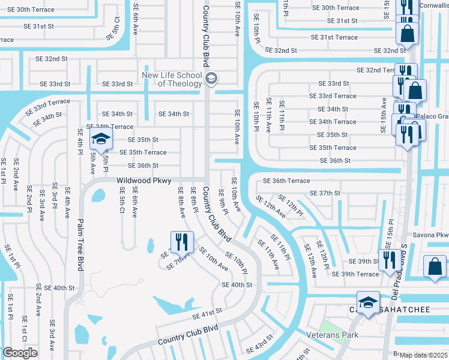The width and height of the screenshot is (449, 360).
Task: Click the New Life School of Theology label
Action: (x=171, y=79)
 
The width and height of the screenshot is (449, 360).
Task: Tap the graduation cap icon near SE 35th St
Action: (x=101, y=140)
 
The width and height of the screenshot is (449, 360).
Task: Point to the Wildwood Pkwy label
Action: (x=143, y=180)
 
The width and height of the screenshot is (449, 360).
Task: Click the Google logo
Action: (x=20, y=353)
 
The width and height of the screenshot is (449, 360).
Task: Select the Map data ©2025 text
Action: (x=424, y=355)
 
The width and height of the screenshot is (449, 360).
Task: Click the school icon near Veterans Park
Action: (x=368, y=302)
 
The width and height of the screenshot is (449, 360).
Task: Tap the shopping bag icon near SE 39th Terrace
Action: (x=435, y=266)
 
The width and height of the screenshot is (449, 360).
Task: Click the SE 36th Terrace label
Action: (x=286, y=181)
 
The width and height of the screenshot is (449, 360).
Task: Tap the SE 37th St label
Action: (x=325, y=193)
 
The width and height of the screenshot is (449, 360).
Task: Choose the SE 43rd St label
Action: (x=259, y=348)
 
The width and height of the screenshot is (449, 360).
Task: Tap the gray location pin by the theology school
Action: (x=211, y=79)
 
